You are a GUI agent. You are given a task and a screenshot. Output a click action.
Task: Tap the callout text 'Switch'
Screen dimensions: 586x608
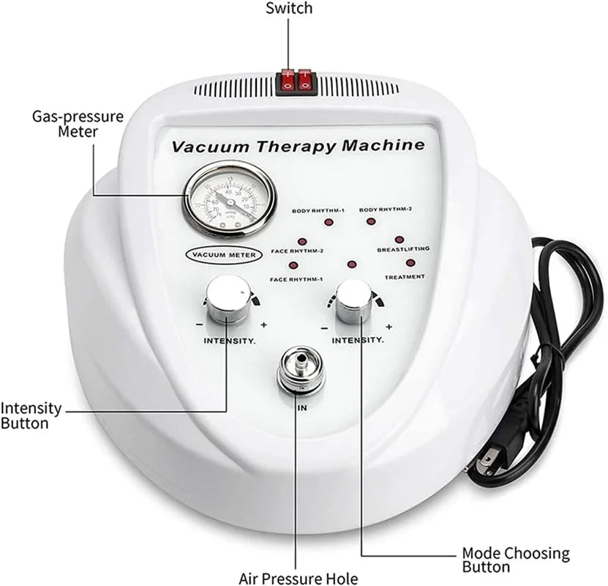[288, 9]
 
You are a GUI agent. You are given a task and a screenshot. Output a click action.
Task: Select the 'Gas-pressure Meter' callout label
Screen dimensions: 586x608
[78, 124]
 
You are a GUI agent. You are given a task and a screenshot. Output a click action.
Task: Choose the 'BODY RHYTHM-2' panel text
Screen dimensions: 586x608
[386, 209]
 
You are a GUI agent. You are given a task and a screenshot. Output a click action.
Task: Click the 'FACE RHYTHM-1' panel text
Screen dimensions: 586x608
[296, 279]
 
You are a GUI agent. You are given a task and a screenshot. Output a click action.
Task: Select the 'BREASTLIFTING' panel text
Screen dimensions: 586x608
[402, 249]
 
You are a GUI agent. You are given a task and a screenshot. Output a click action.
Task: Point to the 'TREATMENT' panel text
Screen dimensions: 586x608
[405, 276]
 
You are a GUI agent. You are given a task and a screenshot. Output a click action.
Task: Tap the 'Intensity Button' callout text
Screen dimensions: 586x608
[31, 416]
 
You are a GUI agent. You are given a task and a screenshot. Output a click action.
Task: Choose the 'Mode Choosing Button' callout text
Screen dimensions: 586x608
[515, 560]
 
